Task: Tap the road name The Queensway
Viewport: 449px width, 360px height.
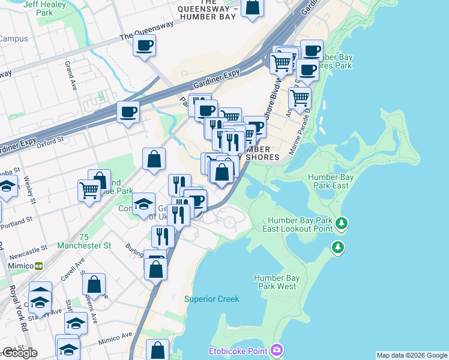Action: [x=146, y=31]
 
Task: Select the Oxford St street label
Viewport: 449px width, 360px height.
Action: [x=50, y=141]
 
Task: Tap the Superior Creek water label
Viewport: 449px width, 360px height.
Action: [x=211, y=299]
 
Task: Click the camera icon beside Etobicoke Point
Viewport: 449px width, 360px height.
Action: [x=276, y=350]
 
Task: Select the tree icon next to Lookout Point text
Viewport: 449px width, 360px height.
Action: [x=342, y=224]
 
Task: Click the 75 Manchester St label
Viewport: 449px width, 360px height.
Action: [x=84, y=241]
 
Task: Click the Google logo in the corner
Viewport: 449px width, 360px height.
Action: [x=19, y=353]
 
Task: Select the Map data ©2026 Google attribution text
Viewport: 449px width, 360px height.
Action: [x=412, y=355]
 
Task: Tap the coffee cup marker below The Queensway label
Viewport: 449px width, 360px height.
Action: [x=144, y=46]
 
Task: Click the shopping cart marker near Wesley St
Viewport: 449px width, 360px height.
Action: [x=89, y=191]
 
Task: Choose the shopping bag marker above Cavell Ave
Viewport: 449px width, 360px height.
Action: [x=94, y=284]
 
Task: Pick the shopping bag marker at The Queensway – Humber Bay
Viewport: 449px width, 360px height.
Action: [x=253, y=8]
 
